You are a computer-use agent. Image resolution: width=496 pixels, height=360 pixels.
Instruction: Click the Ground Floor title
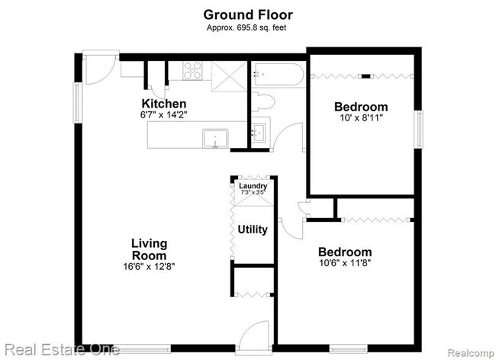tap(248, 14)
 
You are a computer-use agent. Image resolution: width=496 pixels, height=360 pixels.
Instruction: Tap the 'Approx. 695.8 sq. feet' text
tap(246, 27)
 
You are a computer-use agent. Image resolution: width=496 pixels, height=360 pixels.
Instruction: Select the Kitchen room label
tap(164, 104)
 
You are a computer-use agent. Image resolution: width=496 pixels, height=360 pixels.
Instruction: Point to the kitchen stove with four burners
tap(192, 70)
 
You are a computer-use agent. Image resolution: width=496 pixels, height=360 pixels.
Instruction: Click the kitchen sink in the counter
tap(215, 138)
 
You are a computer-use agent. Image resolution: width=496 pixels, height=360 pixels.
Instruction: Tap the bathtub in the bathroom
tap(278, 74)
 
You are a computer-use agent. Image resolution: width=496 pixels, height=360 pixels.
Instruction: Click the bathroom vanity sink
tap(259, 133)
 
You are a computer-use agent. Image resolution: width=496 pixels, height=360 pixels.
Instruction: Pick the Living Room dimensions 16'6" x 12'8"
tap(149, 267)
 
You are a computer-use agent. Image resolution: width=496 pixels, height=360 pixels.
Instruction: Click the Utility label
tap(253, 230)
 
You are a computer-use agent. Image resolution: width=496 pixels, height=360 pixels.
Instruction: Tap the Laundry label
tap(253, 186)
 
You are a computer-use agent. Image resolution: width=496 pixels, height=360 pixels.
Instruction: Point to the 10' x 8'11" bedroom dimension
tap(362, 118)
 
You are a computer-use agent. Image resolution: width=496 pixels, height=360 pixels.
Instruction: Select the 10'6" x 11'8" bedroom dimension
tap(345, 263)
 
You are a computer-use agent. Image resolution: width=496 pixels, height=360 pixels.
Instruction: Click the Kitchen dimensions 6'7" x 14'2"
tap(164, 114)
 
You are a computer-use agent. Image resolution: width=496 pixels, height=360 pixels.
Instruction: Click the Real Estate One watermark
tap(62, 350)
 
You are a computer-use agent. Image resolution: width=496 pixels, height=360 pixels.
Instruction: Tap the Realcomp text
tap(471, 353)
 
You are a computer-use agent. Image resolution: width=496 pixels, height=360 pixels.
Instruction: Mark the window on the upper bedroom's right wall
tap(419, 129)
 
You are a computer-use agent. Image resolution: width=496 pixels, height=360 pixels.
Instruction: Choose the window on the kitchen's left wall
tap(78, 103)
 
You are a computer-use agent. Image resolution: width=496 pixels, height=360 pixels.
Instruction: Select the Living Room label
tap(149, 249)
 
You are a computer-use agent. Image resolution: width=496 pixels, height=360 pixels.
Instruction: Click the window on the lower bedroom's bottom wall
tap(348, 349)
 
